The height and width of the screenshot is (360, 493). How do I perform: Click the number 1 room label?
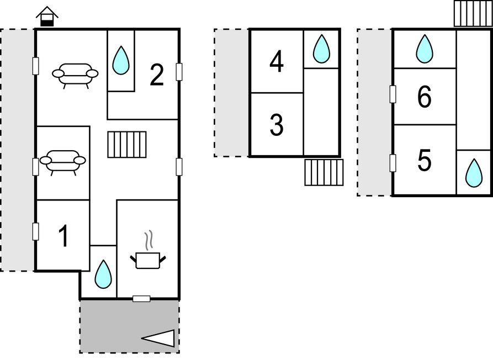[x=64, y=236]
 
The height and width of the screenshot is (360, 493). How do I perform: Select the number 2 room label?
[x=157, y=75]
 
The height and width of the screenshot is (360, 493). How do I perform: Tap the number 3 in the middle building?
[x=277, y=125]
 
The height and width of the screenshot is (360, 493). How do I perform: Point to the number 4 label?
[x=277, y=62]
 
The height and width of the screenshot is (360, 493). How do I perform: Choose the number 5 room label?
[x=424, y=160]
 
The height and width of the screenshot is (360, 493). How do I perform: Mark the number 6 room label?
[x=424, y=97]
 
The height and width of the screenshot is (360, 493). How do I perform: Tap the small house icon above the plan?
[x=47, y=17]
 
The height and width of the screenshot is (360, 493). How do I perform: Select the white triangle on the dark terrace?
[x=158, y=338]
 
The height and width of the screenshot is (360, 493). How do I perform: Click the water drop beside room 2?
[x=121, y=60]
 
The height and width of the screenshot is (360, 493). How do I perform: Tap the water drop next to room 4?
[x=321, y=49]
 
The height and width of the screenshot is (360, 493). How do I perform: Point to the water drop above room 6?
[x=425, y=49]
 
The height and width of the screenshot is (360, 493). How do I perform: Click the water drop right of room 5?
[x=474, y=173]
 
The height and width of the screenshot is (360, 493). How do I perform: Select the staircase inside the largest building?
[x=127, y=144]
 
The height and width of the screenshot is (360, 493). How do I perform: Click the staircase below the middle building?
[x=324, y=172]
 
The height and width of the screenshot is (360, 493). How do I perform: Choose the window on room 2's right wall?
[x=179, y=72]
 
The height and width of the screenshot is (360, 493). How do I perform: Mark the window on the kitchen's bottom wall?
[x=141, y=299]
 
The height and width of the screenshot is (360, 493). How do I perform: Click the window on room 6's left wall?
[x=393, y=94]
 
